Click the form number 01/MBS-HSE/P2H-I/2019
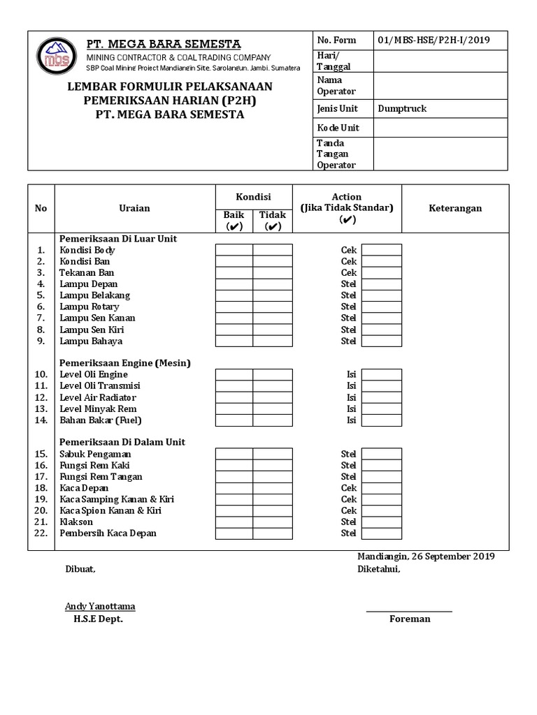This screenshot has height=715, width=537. (x=433, y=40)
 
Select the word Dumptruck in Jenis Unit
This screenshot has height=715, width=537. (x=402, y=108)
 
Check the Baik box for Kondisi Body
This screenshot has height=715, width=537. (x=234, y=250)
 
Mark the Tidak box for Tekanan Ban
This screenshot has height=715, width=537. (x=273, y=272)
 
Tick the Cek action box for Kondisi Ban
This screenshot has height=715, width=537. (x=381, y=261)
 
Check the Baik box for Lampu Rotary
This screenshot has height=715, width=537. (x=234, y=307)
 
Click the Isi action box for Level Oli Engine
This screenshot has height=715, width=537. (x=381, y=375)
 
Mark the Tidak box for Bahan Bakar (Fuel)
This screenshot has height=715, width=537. (x=273, y=420)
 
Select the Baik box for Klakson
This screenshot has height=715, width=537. (x=234, y=522)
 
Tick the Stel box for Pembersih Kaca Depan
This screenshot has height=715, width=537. (x=381, y=533)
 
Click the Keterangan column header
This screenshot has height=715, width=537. (x=455, y=208)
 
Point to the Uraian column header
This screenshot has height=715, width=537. (x=134, y=208)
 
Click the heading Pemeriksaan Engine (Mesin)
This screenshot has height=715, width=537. (x=125, y=363)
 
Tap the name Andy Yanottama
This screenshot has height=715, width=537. (x=100, y=606)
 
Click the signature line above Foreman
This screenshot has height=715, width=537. (x=409, y=612)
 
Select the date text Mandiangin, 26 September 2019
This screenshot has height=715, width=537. (x=426, y=556)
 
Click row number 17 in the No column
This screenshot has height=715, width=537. (x=41, y=477)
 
